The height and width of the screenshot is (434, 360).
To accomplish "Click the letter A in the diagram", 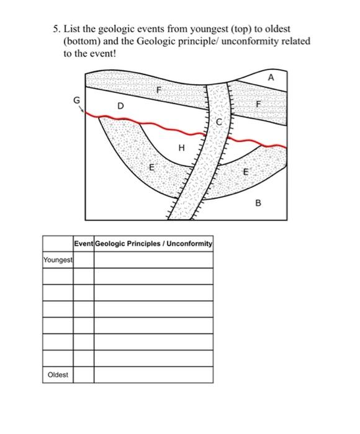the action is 270,78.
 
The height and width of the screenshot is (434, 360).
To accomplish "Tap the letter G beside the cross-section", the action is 76,100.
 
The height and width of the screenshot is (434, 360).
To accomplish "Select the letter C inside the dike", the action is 218,123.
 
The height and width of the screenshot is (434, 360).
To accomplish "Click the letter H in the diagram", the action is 181,148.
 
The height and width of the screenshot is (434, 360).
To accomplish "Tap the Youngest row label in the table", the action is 58,260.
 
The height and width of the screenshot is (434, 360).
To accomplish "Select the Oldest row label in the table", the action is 58,375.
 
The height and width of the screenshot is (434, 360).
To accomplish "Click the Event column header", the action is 83,244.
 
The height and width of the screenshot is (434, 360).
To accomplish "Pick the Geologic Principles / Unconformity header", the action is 153,244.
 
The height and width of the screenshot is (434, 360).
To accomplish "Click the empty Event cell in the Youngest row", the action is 83,260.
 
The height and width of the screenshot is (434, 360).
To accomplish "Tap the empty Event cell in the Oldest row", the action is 83,375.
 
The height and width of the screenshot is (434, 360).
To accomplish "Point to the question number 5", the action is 56,29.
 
